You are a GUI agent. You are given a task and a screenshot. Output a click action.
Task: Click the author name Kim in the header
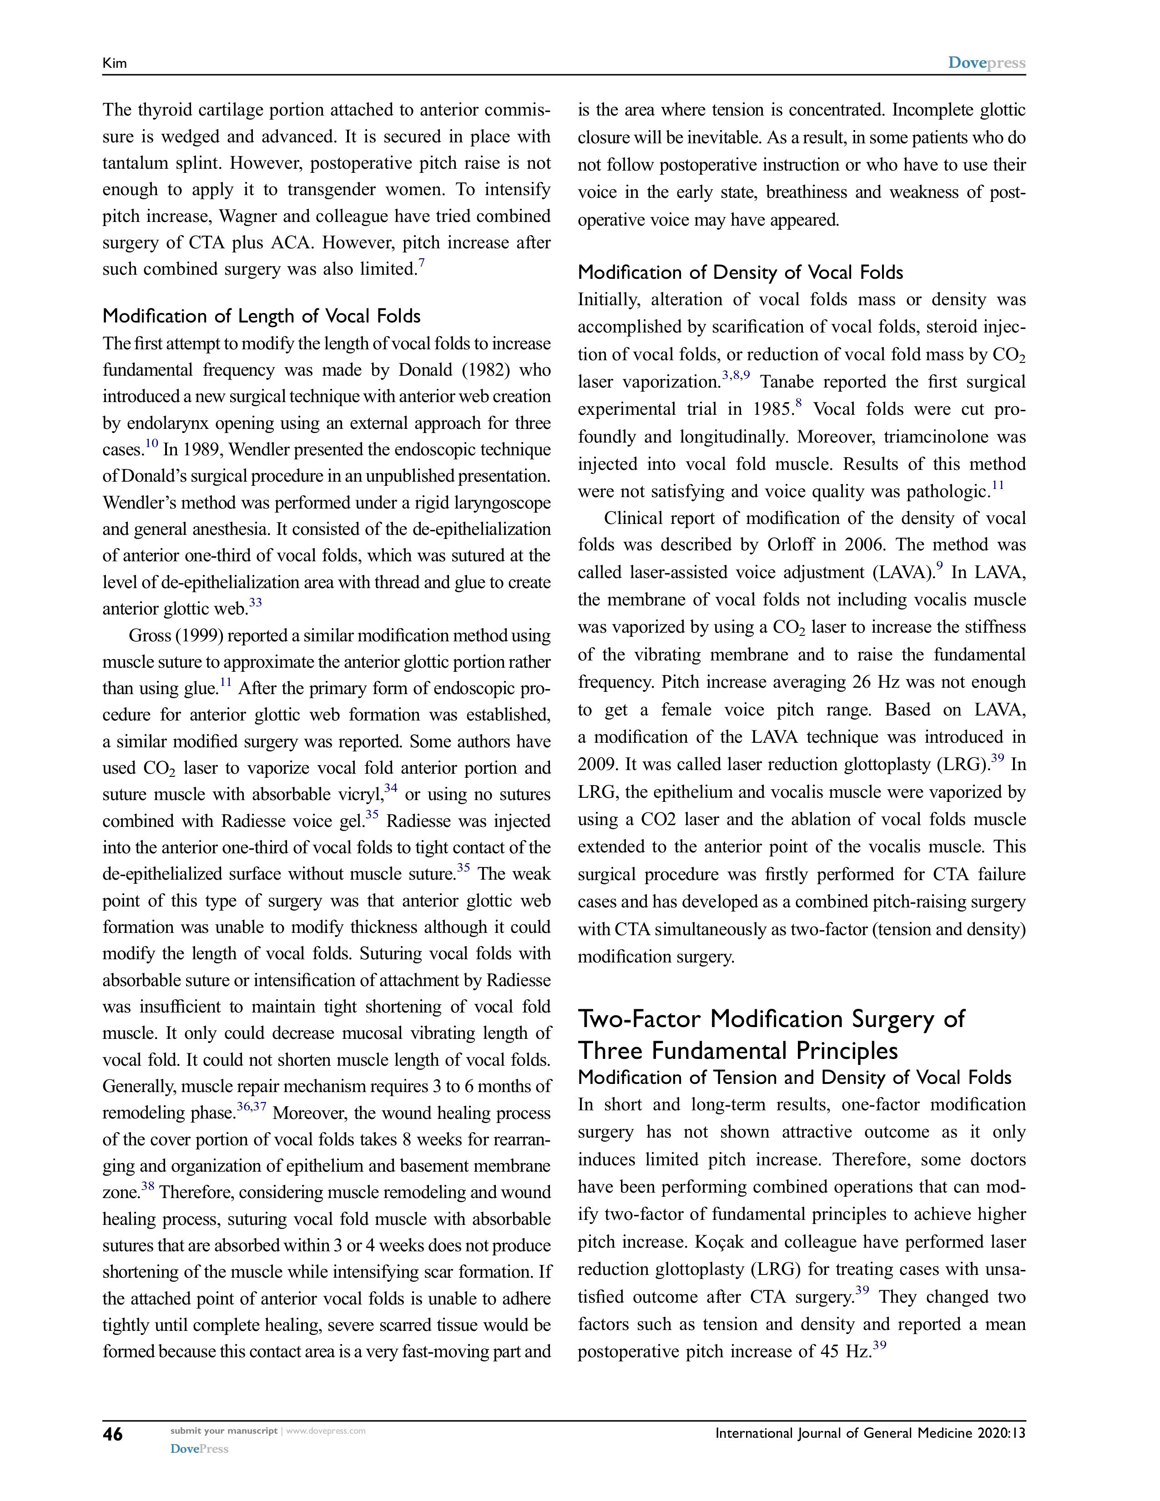point(115,63)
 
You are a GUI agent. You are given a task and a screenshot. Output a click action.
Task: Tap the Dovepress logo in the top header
point(986,63)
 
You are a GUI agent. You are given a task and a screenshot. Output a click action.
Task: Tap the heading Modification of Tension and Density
point(794,1077)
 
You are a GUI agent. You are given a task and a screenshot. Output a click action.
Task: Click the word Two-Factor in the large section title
point(641,1018)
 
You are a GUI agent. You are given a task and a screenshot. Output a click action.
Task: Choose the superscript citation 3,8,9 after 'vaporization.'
point(736,375)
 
